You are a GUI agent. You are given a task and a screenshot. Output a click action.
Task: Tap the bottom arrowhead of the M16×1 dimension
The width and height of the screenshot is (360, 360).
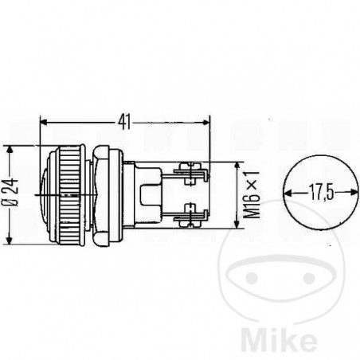239,225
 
